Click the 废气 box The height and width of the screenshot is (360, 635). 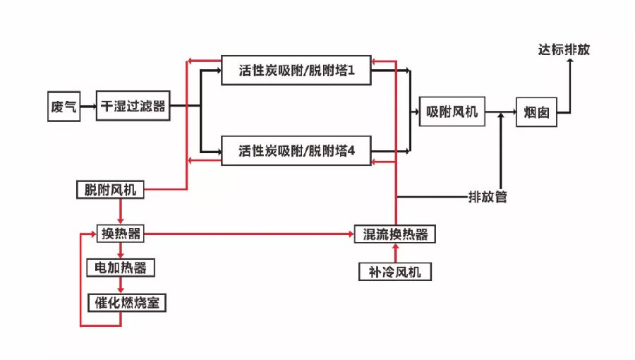coord(64,107)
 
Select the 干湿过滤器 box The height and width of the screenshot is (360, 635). coord(133,106)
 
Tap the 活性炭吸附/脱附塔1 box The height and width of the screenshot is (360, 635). coord(296,71)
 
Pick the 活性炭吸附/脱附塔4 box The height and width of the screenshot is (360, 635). coord(296,150)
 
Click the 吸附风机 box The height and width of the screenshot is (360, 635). coord(452,112)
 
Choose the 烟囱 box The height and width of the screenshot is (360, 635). coord(536,112)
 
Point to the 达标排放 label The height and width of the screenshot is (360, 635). coord(564,50)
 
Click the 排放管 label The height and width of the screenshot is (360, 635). coord(488,197)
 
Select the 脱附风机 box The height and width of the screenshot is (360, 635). coord(110,189)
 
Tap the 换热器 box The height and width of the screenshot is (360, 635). coord(120,234)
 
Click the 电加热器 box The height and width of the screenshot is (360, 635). coord(121,268)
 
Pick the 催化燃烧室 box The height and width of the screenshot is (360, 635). coord(127,303)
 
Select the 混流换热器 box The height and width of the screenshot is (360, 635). coord(395,234)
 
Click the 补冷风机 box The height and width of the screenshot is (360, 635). coord(395,272)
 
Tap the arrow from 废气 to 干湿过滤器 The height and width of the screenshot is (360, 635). coord(88,107)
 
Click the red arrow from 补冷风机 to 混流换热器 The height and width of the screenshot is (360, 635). coord(396,253)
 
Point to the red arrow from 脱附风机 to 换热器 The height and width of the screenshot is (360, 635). coord(120,212)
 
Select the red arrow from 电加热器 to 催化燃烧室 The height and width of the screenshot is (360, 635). coord(120,285)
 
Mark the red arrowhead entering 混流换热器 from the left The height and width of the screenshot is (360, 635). coord(351,234)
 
